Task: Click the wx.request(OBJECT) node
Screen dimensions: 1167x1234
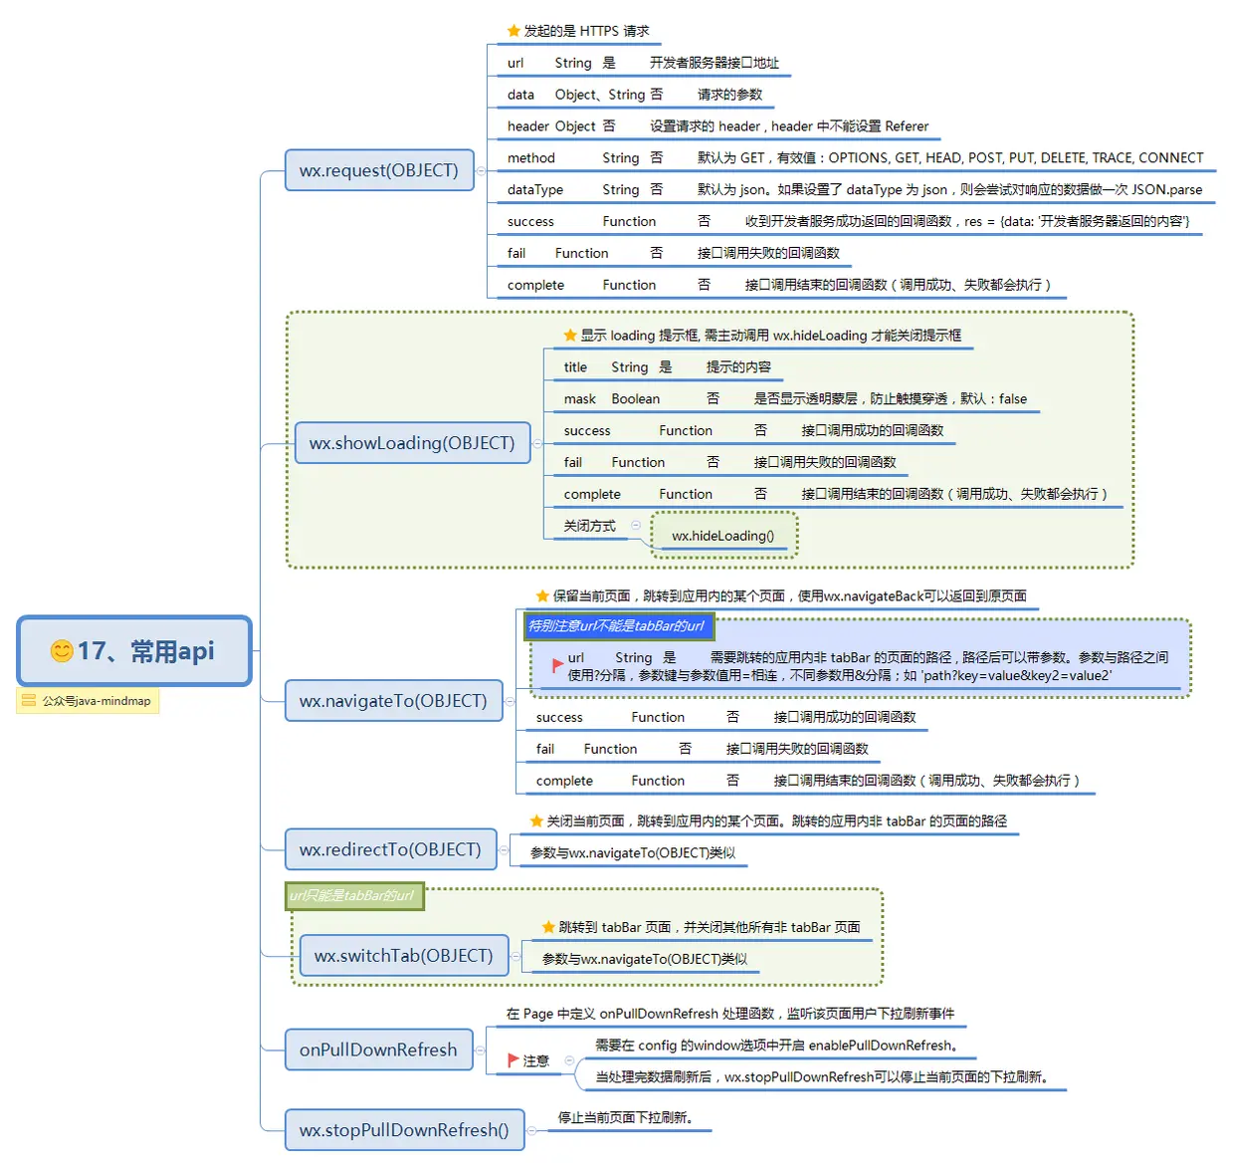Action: [x=378, y=170]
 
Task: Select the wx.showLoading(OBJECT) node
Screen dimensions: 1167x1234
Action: [x=412, y=443]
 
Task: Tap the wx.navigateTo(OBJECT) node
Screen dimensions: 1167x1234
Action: [x=393, y=701]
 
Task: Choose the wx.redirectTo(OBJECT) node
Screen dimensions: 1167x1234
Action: [x=390, y=849]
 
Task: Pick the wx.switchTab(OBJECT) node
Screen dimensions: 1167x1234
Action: [x=403, y=956]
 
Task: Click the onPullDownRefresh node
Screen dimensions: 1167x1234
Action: [x=378, y=1050]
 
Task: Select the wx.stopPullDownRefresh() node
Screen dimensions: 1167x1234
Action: [x=404, y=1130]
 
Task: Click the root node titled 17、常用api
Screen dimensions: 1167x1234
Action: [x=134, y=651]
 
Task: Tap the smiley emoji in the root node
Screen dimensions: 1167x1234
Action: [x=62, y=651]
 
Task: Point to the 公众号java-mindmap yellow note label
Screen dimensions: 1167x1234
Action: [x=88, y=701]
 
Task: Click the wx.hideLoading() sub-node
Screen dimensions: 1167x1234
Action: [x=722, y=536]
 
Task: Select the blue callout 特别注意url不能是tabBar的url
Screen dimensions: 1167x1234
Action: [x=616, y=626]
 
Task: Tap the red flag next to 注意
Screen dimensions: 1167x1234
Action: [x=514, y=1060]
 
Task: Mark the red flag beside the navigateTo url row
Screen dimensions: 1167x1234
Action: [x=557, y=665]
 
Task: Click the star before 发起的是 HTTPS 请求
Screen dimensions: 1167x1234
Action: [x=514, y=31]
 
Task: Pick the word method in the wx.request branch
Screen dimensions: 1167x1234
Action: [x=530, y=158]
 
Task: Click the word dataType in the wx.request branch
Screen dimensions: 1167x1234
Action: [x=534, y=190]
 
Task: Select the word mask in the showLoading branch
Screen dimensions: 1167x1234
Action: [x=579, y=399]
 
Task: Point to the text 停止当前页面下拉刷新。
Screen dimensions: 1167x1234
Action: [x=625, y=1117]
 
